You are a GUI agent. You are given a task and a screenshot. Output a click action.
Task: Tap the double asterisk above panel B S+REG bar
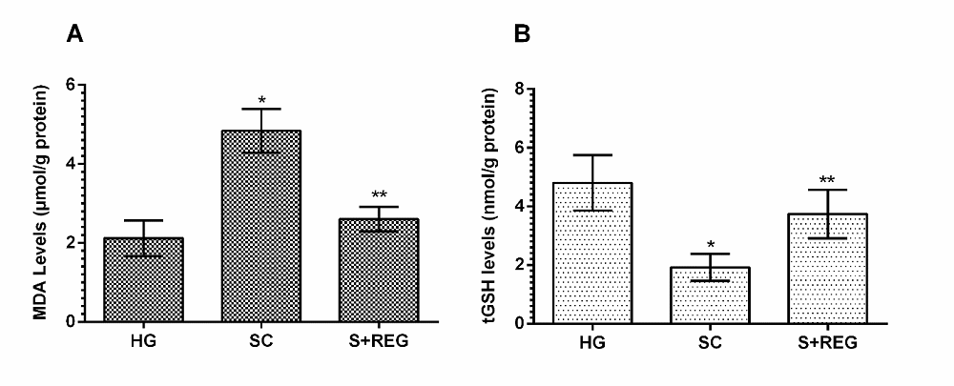[x=833, y=180]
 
